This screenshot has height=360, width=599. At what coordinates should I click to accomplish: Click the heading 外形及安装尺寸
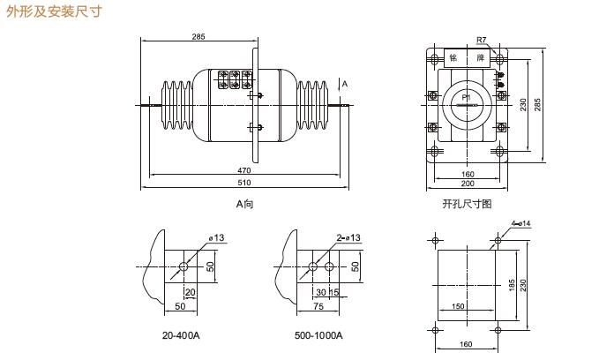55,12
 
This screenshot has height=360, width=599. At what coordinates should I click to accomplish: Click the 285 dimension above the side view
198,36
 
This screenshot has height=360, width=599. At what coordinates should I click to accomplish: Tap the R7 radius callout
481,41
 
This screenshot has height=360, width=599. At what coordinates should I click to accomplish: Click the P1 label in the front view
465,104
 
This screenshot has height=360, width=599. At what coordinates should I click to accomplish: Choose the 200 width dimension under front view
468,184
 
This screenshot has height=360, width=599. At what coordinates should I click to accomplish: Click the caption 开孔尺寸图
467,204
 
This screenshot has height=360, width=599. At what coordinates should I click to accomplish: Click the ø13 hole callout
216,239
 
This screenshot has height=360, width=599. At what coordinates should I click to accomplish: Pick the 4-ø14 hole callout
520,223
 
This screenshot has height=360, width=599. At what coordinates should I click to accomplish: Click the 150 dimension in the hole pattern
459,306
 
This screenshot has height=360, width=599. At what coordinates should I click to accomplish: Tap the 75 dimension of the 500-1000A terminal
318,306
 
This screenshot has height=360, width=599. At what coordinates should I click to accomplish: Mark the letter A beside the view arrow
345,85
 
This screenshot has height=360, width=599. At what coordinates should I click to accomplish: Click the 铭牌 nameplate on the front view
467,57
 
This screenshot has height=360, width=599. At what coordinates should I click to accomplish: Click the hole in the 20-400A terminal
183,266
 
